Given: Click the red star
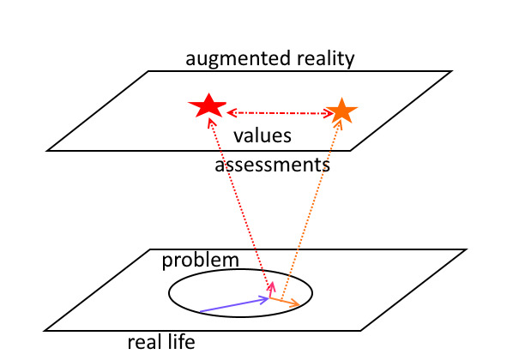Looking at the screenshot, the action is [x=208, y=106].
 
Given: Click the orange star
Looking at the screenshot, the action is [x=341, y=111].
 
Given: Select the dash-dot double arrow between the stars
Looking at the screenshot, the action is [x=280, y=113].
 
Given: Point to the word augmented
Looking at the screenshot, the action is [x=233, y=59].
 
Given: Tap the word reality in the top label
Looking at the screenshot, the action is [x=325, y=59].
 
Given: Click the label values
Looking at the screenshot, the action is [x=263, y=135].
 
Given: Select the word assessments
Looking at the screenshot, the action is [x=272, y=165].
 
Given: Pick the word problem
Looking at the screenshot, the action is [x=201, y=261].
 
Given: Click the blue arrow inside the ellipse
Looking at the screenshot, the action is [x=235, y=305].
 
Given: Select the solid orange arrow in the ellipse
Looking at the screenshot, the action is [x=285, y=302].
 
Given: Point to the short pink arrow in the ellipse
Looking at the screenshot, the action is [x=271, y=289].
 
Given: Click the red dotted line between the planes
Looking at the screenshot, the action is [x=239, y=202].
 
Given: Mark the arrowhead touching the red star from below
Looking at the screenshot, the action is [x=210, y=123].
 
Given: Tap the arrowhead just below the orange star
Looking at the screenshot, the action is [x=339, y=123].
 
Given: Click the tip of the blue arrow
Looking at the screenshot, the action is [x=269, y=298].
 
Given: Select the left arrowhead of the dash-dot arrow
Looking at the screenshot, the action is [x=230, y=113].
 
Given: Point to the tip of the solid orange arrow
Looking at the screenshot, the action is [x=300, y=305].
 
